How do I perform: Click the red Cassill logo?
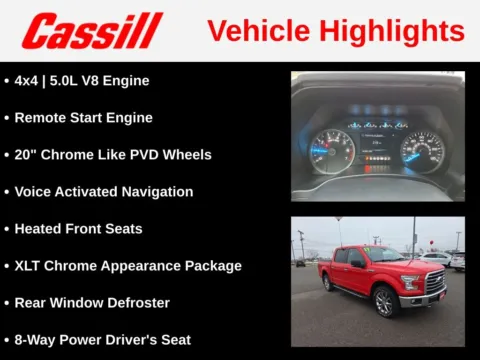pyautogui.click(x=92, y=30)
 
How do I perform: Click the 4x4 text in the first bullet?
pyautogui.click(x=30, y=80)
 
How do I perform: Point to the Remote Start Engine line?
pyautogui.click(x=84, y=117)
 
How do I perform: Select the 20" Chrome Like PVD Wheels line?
pyautogui.click(x=113, y=154)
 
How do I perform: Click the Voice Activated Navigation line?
pyautogui.click(x=104, y=191)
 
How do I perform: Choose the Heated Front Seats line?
pyautogui.click(x=79, y=228)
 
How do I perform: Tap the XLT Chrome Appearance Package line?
pyautogui.click(x=128, y=265)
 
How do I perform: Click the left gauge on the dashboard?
pyautogui.click(x=332, y=150)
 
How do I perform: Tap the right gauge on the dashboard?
pyautogui.click(x=422, y=150)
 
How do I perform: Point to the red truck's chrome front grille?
pyautogui.click(x=435, y=283)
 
